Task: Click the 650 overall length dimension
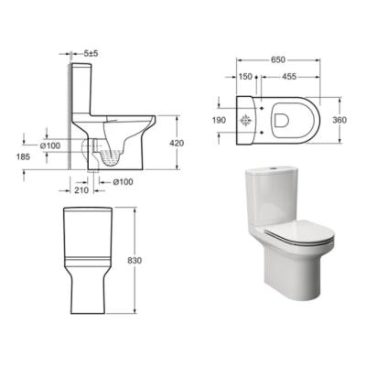(278, 59)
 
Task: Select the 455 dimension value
(289, 77)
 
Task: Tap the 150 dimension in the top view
(245, 77)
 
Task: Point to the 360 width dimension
(339, 120)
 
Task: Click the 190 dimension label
(219, 121)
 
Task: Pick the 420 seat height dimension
(177, 143)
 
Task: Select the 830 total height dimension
(135, 261)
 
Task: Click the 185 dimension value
(24, 157)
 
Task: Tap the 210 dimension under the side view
(81, 190)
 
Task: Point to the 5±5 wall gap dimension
(91, 54)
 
